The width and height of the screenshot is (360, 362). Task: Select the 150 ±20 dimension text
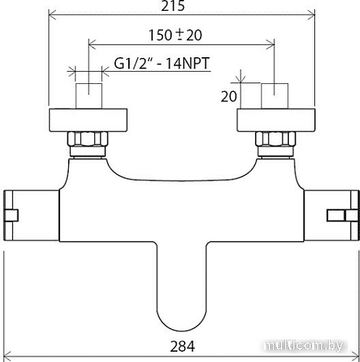[182, 35]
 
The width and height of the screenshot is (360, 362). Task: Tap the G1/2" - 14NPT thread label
[162, 64]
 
